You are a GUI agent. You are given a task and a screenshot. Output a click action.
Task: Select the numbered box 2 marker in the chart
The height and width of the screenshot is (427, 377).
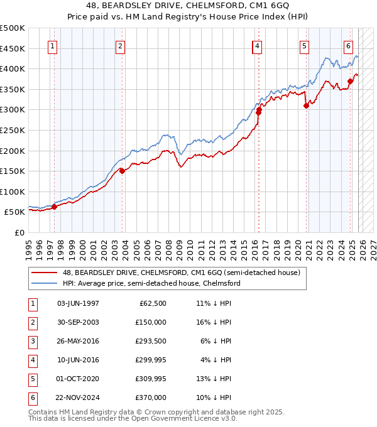tap(119, 45)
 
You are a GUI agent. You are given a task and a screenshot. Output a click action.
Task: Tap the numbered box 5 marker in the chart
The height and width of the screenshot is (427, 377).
tap(304, 45)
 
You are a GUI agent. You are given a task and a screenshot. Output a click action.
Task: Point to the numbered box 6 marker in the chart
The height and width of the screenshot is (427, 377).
tap(348, 45)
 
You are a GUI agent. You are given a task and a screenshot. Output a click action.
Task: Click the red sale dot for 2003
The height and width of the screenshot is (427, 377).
tap(122, 171)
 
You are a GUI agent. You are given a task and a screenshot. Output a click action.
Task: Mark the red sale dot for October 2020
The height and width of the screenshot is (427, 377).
tap(306, 106)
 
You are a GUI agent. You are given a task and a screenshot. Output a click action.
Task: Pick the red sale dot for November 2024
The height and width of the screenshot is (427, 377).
tap(350, 81)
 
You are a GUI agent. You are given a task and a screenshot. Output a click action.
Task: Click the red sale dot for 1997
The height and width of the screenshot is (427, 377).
tap(54, 207)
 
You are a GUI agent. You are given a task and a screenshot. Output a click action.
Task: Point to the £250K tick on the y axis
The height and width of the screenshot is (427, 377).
tap(13, 130)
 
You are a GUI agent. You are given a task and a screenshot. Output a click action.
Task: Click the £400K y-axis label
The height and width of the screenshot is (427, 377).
tap(13, 68)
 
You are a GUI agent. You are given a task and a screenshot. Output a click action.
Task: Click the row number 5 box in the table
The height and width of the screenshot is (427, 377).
tap(32, 379)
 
